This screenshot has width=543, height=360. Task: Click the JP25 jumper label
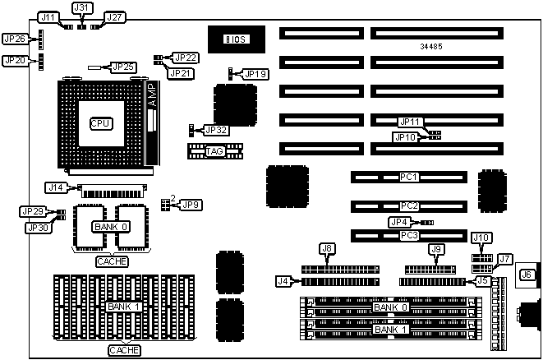pos(122,67)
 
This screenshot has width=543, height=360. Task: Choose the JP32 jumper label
pos(216,130)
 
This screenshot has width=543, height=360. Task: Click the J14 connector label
pos(55,187)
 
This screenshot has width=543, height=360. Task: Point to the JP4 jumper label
pos(398,222)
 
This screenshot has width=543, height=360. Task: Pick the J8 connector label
pos(326,248)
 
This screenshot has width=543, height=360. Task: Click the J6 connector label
pos(527,275)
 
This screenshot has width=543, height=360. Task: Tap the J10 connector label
pos(481,238)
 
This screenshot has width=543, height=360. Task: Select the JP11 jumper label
pos(409,122)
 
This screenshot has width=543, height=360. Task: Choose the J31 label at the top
pos(81,7)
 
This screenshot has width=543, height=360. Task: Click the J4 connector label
pos(283,281)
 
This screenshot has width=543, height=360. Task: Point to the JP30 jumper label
pos(36,228)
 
